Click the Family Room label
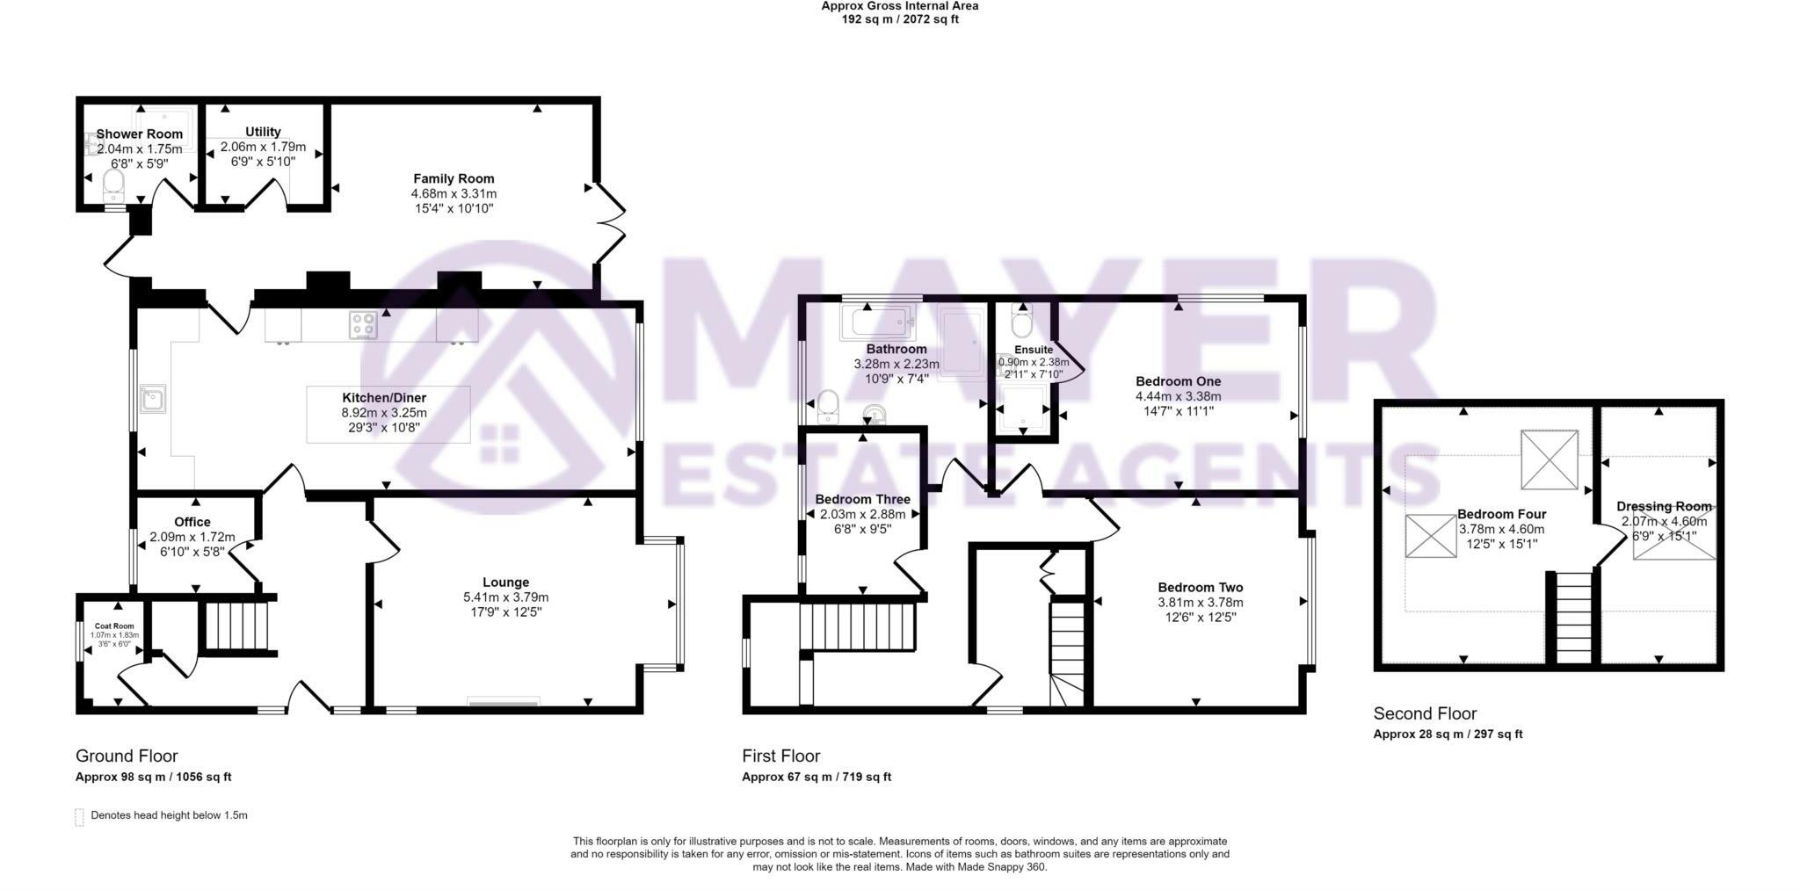point(454,178)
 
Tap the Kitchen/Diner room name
point(384,397)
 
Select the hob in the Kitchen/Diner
point(363,325)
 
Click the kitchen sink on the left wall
point(153,399)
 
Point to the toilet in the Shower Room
point(113,185)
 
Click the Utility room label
point(263,132)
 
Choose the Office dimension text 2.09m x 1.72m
point(192,537)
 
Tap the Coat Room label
point(114,626)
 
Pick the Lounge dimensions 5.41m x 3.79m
point(505,597)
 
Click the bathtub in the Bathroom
point(878,322)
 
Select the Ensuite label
point(1034,349)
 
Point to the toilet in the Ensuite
point(1021,322)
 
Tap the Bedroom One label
point(1178,381)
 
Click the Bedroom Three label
point(862,499)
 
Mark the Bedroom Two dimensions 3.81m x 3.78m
point(1200,602)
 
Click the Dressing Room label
point(1664,506)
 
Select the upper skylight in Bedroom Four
point(1549,459)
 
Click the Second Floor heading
point(1425,713)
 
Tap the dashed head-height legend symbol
point(79,816)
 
